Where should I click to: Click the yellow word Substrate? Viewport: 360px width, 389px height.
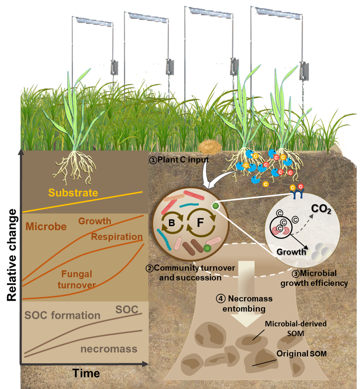(73, 193)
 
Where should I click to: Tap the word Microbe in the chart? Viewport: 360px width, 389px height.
(46, 226)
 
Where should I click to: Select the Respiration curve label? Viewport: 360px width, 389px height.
(116, 237)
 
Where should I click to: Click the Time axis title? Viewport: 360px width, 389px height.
(86, 373)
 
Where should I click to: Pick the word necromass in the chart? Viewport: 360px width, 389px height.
(109, 349)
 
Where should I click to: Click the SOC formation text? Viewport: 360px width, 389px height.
(62, 315)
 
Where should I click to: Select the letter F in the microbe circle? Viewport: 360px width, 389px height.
(200, 222)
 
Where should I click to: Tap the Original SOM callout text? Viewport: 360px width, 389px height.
(301, 354)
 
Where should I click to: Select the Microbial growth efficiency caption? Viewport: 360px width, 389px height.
(314, 278)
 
